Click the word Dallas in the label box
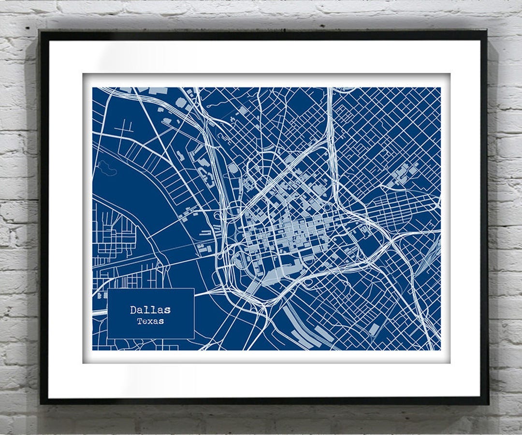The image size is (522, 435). (x=150, y=310)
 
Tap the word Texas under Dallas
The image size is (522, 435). (x=150, y=321)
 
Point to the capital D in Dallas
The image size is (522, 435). (x=133, y=310)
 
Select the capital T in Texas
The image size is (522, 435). (x=139, y=321)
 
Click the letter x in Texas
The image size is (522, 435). (x=150, y=322)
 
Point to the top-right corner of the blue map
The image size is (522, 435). (x=440, y=87)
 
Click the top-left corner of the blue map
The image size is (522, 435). (x=92, y=87)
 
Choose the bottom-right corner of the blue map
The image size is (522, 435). (x=440, y=350)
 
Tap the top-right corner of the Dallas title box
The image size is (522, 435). (x=194, y=289)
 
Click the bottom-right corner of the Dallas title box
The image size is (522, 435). (x=194, y=338)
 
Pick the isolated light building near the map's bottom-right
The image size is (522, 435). (x=375, y=329)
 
